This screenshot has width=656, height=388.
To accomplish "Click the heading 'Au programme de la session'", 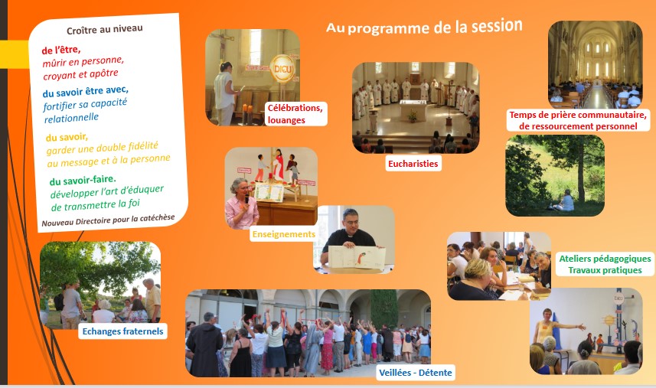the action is pyautogui.click(x=424, y=27).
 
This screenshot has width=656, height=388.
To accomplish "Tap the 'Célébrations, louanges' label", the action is pyautogui.click(x=295, y=114).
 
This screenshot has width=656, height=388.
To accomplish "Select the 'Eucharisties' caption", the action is pyautogui.click(x=413, y=164).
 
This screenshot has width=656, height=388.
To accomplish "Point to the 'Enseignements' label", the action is pyautogui.click(x=284, y=234).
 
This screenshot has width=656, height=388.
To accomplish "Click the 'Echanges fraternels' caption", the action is pyautogui.click(x=122, y=331).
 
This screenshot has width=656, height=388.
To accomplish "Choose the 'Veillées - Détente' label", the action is pyautogui.click(x=416, y=373).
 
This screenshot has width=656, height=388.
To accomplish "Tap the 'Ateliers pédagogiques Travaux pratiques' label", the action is pyautogui.click(x=605, y=264).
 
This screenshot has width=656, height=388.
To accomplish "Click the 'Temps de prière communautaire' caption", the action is pyautogui.click(x=578, y=115).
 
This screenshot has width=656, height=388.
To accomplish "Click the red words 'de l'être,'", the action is pyautogui.click(x=61, y=51).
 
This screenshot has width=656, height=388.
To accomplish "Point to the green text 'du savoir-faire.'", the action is pyautogui.click(x=83, y=180).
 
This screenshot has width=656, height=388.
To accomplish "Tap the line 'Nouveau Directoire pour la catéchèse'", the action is pyautogui.click(x=108, y=220).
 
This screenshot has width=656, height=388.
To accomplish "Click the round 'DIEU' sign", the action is pyautogui.click(x=282, y=69).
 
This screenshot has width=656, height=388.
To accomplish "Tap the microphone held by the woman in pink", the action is pyautogui.click(x=246, y=199).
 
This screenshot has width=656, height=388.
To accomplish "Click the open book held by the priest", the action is pyautogui.click(x=357, y=256).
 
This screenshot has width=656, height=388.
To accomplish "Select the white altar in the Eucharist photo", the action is pyautogui.click(x=413, y=110).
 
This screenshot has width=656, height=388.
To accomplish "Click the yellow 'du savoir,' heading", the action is pyautogui.click(x=67, y=137).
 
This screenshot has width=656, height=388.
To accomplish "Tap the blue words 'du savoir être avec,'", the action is pyautogui.click(x=85, y=91).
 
